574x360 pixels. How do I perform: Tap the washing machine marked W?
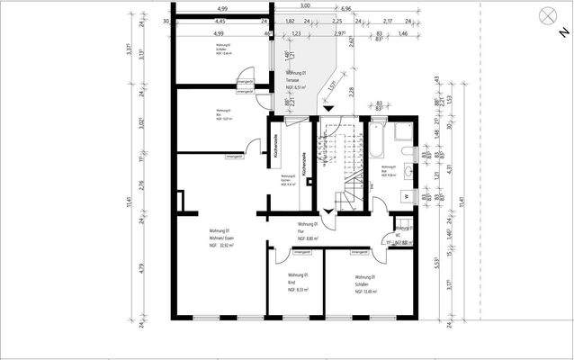pyautogui.click(x=406, y=195)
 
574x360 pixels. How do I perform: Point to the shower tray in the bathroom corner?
pyautogui.click(x=405, y=134)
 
